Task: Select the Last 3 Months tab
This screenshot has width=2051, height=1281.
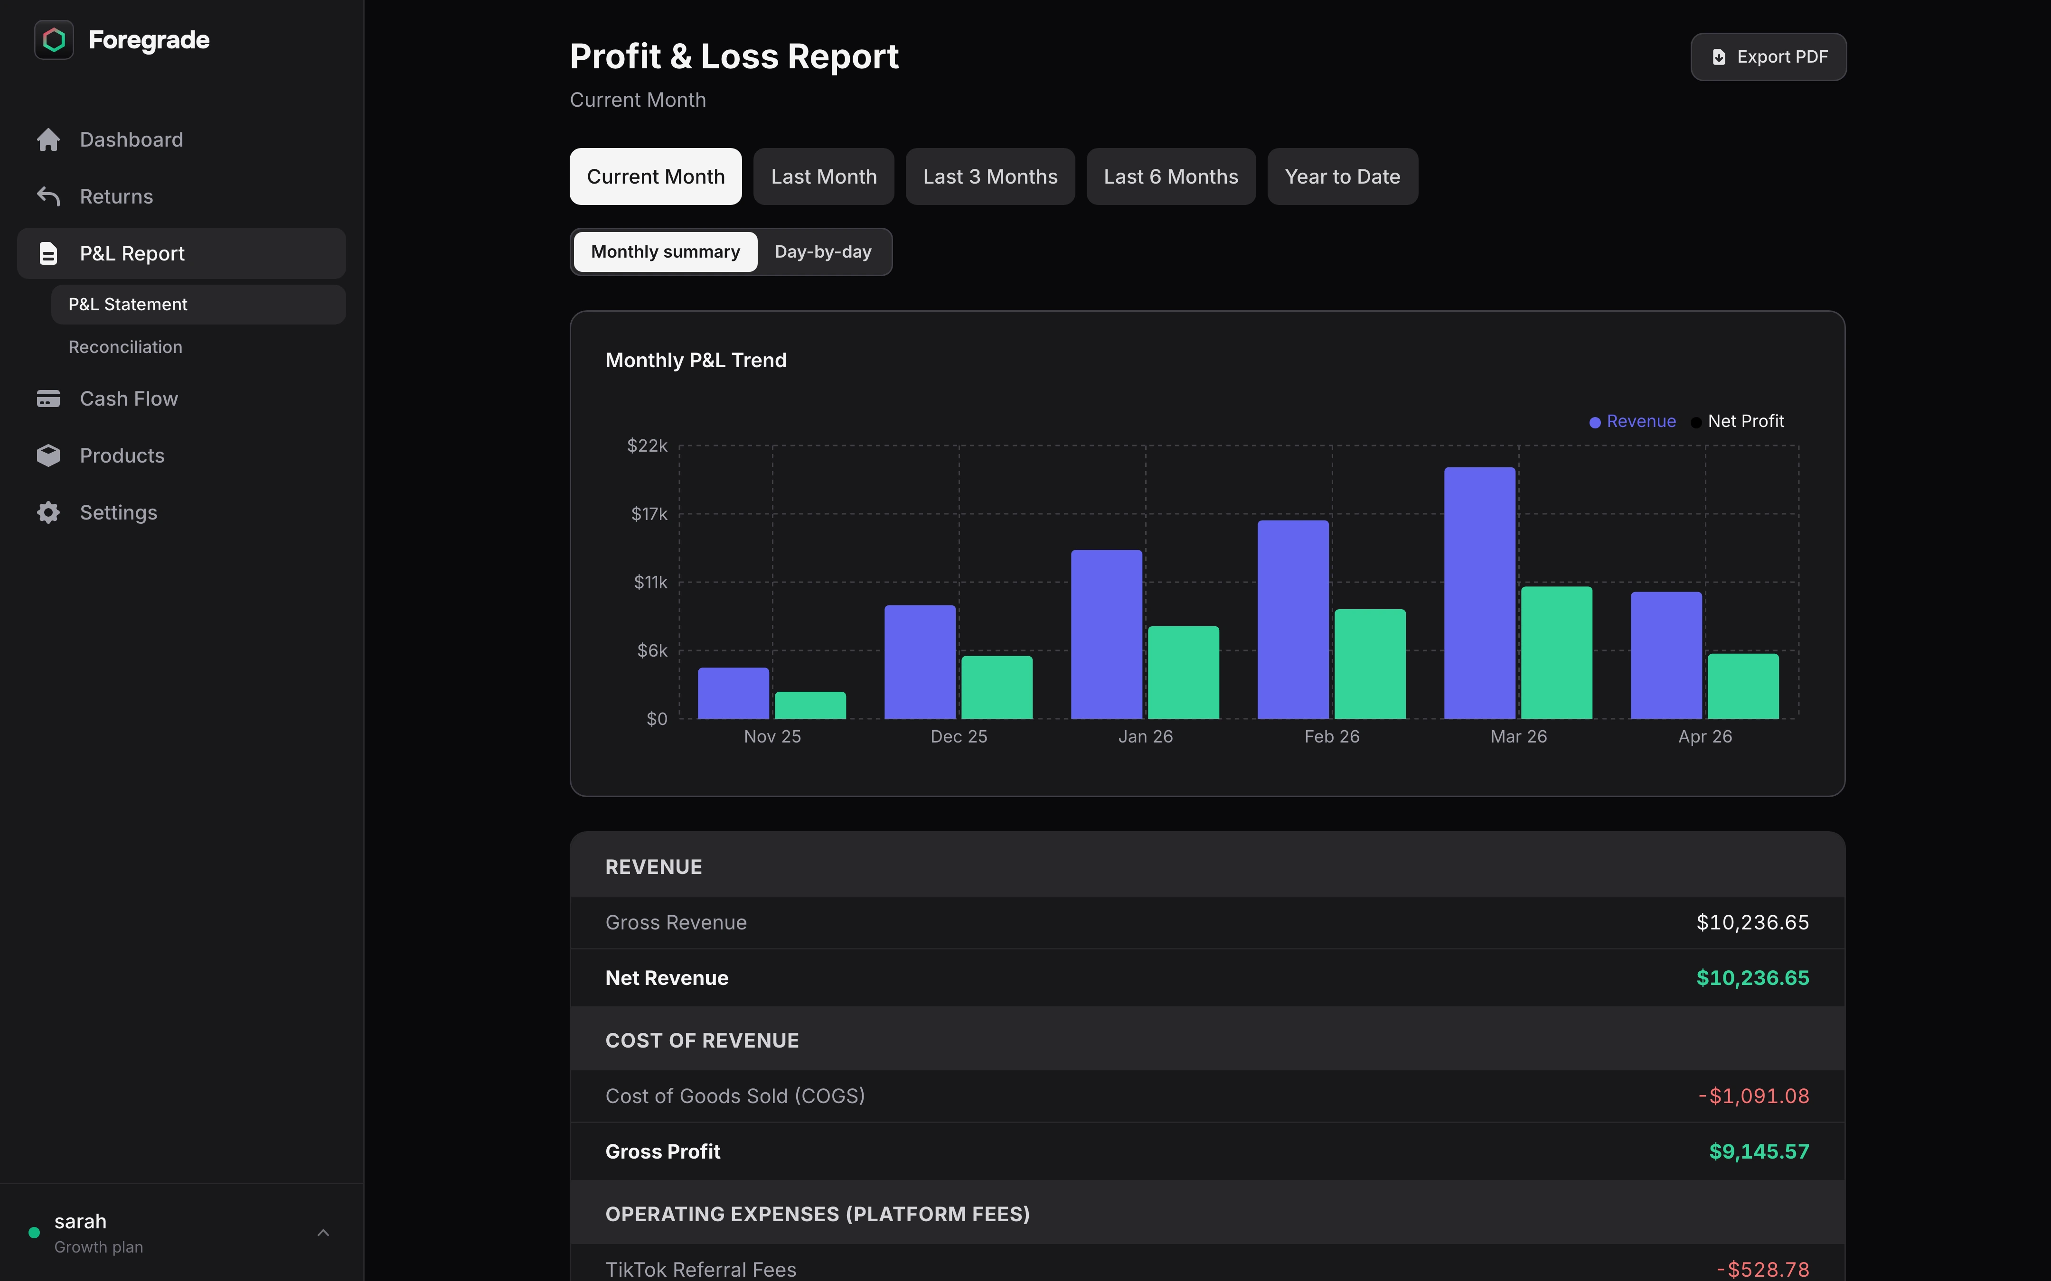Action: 990,176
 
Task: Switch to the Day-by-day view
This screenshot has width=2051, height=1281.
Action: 822,251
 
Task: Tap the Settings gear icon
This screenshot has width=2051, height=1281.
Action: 48,512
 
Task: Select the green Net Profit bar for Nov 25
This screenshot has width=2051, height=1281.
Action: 810,705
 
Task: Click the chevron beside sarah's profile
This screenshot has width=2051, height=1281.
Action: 323,1233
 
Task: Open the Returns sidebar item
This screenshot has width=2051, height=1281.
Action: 116,196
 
